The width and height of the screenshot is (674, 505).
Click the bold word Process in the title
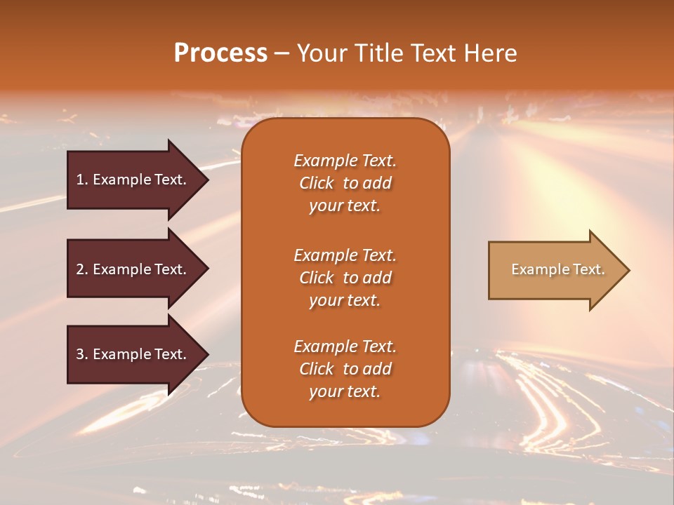220,53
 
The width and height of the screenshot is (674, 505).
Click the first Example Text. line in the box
345,161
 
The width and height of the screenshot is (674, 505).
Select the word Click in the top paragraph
316,183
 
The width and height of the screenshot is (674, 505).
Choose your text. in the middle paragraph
345,300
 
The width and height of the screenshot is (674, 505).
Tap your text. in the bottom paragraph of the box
345,391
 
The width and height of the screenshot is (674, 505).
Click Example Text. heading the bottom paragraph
345,346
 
